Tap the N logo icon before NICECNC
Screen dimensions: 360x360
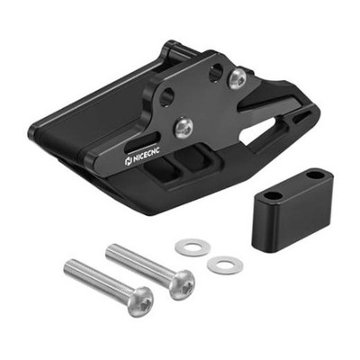tap(128, 161)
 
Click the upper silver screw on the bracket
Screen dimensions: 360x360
tap(238, 78)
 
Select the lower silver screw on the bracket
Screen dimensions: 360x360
tap(184, 129)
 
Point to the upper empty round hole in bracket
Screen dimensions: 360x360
tap(215, 72)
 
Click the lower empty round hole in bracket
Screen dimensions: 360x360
tap(166, 97)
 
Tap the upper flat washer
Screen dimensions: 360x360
tap(193, 247)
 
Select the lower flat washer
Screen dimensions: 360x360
tap(225, 265)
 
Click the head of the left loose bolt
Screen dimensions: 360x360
tap(140, 301)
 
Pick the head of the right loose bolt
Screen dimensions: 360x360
tap(182, 284)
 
